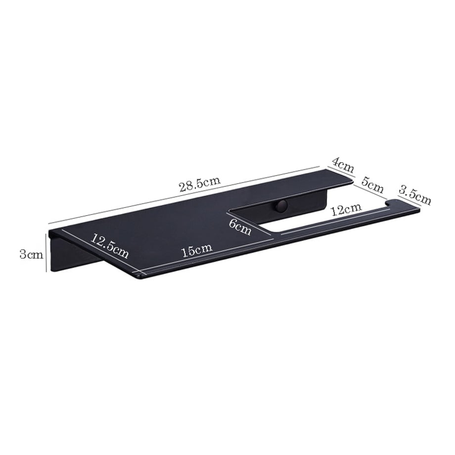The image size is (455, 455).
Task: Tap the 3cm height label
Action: [31, 255]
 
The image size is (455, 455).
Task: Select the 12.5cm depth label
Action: [109, 246]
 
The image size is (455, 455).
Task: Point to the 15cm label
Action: [197, 250]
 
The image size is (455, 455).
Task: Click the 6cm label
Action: [240, 227]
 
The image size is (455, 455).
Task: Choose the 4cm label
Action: [343, 165]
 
